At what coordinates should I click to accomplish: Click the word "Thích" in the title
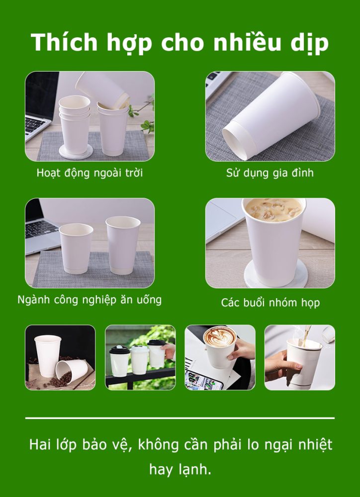point(64,42)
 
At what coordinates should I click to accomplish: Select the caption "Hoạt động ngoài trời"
point(90,173)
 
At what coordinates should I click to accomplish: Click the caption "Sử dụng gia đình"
point(270,173)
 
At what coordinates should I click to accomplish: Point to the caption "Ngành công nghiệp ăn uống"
point(90,300)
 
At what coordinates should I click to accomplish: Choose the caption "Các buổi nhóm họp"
point(270,303)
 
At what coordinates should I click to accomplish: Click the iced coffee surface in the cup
point(273,209)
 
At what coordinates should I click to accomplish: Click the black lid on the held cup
point(157,342)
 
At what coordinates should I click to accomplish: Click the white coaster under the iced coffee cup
point(275,275)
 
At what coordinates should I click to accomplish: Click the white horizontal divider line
point(180,418)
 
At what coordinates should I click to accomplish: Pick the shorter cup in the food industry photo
point(76,248)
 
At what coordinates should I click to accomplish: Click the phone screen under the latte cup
point(204,380)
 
